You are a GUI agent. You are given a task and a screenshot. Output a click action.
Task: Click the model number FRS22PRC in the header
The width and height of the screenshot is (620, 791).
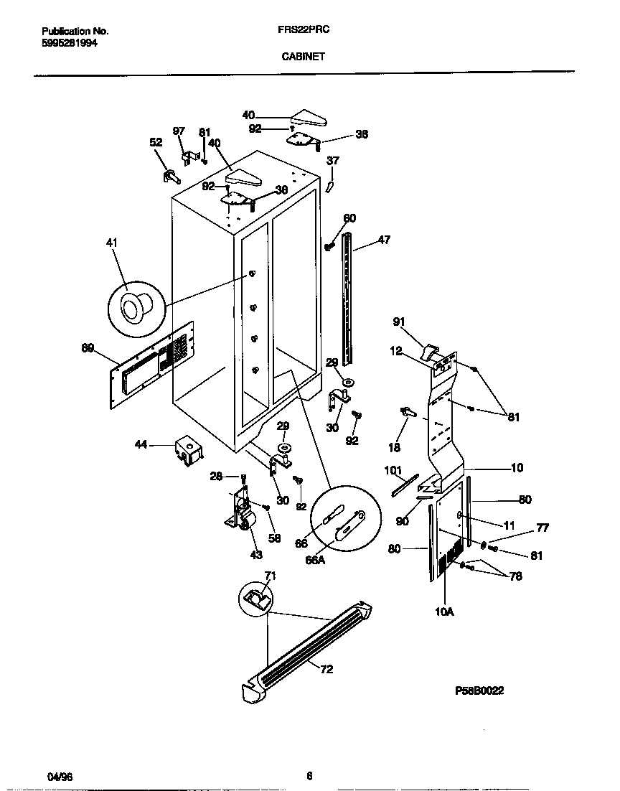pos(299,31)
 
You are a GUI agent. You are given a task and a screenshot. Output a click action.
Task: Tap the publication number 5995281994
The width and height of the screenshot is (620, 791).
pos(70,43)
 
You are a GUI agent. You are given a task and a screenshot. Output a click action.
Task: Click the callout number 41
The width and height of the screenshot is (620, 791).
pos(111,243)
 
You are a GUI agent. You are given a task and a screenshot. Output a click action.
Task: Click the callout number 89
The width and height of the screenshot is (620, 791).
pos(88,348)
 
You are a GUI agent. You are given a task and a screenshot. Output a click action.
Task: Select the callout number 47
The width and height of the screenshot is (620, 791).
pos(384,240)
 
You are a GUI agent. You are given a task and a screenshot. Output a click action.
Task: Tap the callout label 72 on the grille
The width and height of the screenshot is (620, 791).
pos(326,669)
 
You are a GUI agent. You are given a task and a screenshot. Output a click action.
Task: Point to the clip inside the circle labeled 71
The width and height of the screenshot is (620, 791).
pos(255,598)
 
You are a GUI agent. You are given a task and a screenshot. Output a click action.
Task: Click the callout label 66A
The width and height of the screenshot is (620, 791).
pos(316,560)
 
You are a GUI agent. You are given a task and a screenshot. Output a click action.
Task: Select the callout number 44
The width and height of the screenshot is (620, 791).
pos(141,445)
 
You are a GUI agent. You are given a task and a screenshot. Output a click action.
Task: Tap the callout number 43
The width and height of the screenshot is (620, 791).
pos(255,554)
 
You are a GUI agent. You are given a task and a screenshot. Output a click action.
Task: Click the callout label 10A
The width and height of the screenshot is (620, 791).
pos(446,612)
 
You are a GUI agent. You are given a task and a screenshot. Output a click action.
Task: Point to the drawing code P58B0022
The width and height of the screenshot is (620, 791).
pos(479,691)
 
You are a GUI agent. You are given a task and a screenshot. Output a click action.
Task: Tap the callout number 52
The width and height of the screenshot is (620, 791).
pos(156,142)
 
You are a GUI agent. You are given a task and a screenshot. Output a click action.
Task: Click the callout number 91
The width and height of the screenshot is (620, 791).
pos(399,322)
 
